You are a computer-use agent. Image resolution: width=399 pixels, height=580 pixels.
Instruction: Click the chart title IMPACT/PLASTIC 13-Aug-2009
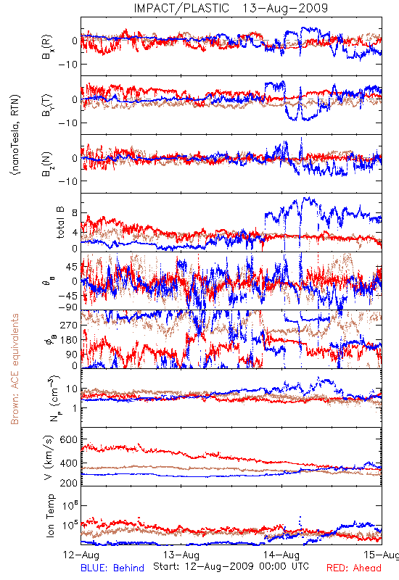[231, 8]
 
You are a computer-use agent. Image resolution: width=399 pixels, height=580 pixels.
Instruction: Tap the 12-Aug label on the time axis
[81, 555]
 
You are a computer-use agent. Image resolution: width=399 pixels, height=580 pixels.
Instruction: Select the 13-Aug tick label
[181, 555]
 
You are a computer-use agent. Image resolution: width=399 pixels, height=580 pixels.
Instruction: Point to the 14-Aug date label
[281, 555]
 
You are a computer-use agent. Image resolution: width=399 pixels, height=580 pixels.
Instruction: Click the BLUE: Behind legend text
[112, 568]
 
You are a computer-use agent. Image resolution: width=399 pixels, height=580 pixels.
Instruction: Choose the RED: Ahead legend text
[354, 568]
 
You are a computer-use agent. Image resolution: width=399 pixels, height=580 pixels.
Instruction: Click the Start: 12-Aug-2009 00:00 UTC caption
[231, 566]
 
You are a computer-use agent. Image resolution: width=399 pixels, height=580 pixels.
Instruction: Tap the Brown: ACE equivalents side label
[15, 369]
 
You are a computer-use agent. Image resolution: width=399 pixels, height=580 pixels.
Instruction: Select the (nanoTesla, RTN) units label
[15, 135]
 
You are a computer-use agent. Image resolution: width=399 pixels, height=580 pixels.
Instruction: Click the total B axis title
[60, 222]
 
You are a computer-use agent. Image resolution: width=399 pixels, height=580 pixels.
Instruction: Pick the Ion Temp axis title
[50, 515]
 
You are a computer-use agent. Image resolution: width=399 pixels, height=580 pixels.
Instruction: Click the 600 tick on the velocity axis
[68, 440]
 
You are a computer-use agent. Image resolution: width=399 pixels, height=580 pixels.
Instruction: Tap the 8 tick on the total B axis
[75, 213]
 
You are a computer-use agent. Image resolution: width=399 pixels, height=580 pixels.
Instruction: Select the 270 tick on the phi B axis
[69, 325]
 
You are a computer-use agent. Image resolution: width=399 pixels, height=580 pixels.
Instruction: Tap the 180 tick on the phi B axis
[69, 340]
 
